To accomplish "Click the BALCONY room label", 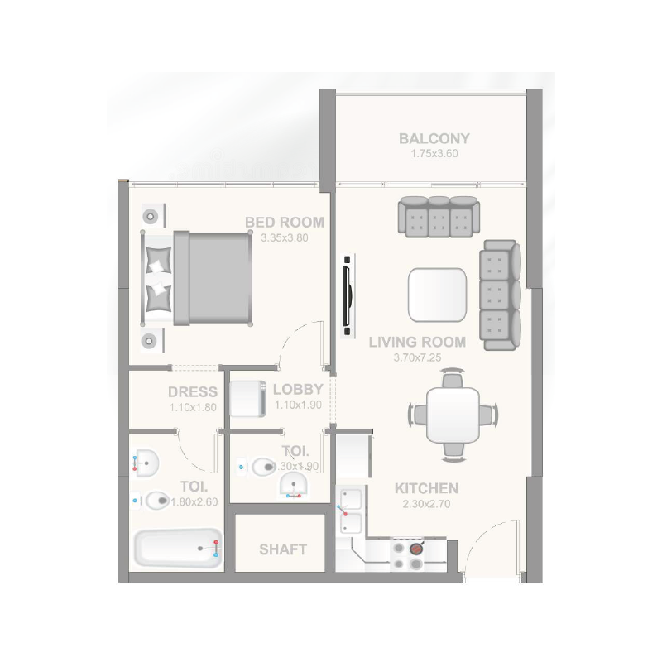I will click(x=434, y=139).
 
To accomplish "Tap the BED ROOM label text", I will click(x=284, y=223).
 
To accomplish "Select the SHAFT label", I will click(x=282, y=549).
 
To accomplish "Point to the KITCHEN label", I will click(x=425, y=488).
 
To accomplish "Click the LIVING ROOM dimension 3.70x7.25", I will click(x=418, y=358).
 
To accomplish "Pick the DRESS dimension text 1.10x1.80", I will click(x=192, y=406).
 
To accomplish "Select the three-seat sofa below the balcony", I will click(x=437, y=214).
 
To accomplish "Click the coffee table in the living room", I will click(x=437, y=295).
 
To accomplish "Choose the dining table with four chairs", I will click(x=453, y=413).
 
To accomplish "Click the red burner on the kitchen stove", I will click(x=415, y=547).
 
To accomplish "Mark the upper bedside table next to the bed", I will click(x=151, y=216).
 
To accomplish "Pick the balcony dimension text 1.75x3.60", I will click(x=434, y=154).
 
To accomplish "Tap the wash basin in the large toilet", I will click(x=146, y=463).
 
